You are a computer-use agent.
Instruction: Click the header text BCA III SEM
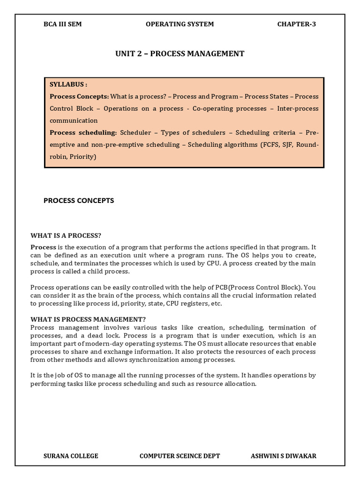[62, 24]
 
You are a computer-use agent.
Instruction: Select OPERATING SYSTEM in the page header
[180, 24]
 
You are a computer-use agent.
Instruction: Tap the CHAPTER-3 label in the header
[297, 24]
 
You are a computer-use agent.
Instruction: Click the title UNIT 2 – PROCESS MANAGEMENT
[180, 53]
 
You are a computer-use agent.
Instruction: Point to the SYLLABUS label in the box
[68, 84]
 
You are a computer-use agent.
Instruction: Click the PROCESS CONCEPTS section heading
[79, 201]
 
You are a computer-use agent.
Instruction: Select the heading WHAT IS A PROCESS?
[66, 235]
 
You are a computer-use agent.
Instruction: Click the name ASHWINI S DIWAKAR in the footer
[284, 456]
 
